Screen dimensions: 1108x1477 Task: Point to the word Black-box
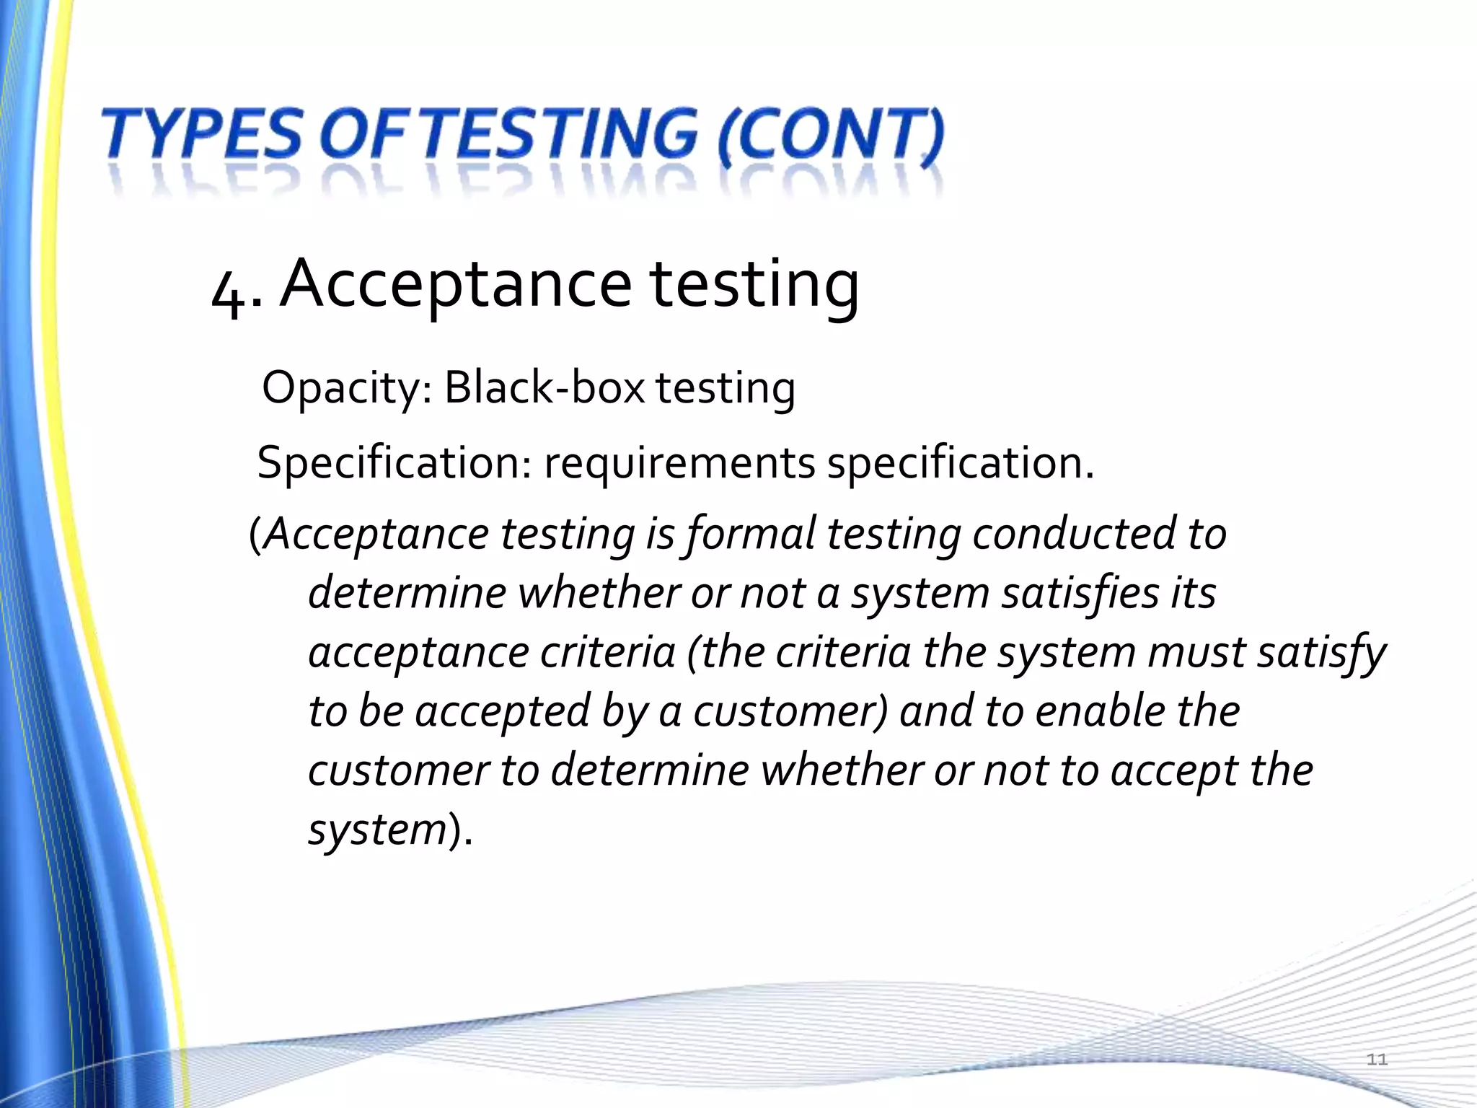tap(544, 388)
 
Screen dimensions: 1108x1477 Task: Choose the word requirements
tap(679, 463)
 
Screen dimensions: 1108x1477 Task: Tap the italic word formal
tap(750, 535)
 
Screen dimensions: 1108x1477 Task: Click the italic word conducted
tap(1074, 534)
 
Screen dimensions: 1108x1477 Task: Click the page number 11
tap(1377, 1059)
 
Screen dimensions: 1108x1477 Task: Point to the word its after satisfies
tap(1191, 593)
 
